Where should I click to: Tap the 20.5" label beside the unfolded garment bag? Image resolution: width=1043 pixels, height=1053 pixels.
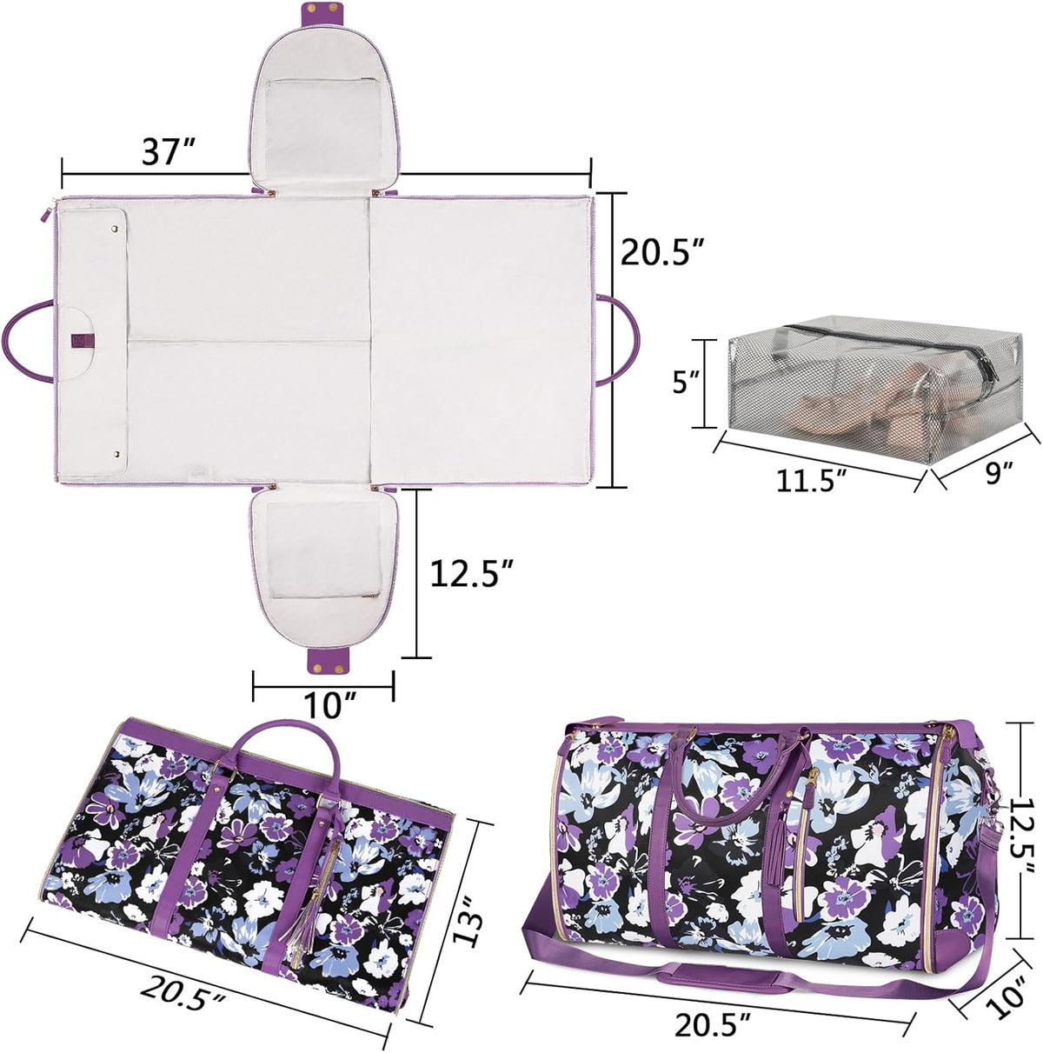coord(660,252)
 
